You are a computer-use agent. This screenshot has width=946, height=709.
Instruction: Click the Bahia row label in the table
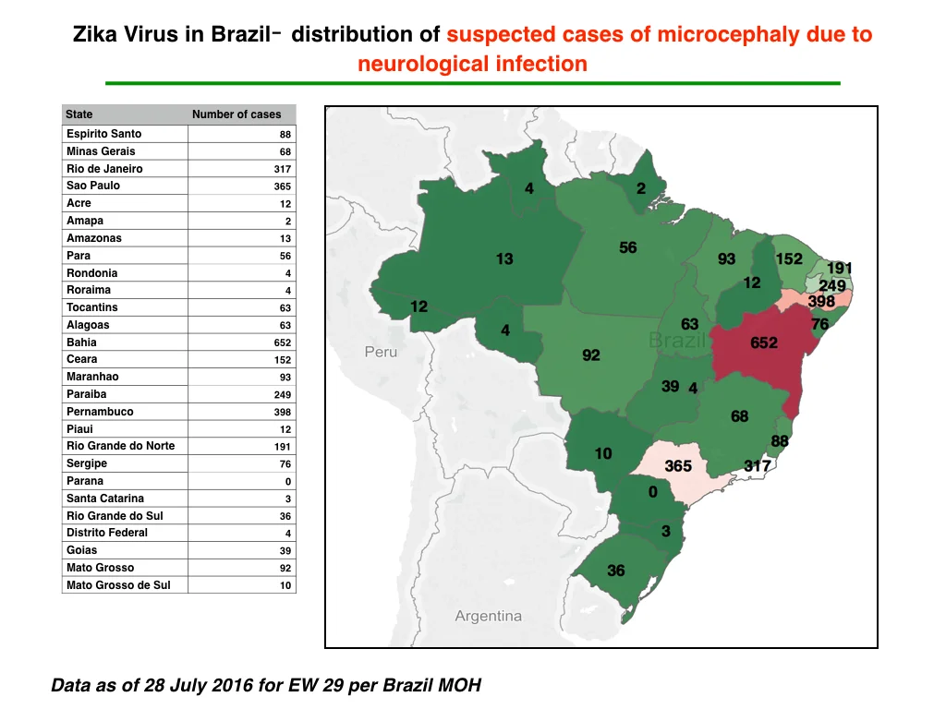81,342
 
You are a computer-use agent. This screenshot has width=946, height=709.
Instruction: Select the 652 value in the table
283,342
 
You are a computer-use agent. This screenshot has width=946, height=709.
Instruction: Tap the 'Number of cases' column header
236,114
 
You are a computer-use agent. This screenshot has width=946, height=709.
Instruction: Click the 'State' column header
79,114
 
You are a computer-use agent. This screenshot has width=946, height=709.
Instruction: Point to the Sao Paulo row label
93,186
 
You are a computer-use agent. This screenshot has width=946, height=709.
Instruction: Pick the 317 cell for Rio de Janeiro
283,170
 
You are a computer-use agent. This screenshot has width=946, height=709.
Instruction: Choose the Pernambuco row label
100,412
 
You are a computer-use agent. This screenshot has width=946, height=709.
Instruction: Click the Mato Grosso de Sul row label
118,585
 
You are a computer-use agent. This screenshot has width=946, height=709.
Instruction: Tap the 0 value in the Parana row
288,482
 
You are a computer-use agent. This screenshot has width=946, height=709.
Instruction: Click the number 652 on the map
764,343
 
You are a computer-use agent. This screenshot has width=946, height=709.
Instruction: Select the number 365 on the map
678,466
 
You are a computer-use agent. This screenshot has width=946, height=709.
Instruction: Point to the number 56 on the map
628,247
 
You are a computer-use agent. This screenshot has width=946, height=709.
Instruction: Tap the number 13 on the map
504,259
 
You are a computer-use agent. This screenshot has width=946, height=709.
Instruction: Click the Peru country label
381,352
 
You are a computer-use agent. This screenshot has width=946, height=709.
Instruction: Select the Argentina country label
488,616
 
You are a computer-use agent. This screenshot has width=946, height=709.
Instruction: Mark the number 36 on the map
616,571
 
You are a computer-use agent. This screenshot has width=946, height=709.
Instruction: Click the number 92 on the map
591,355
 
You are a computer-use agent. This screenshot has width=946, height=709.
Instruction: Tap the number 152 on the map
789,259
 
